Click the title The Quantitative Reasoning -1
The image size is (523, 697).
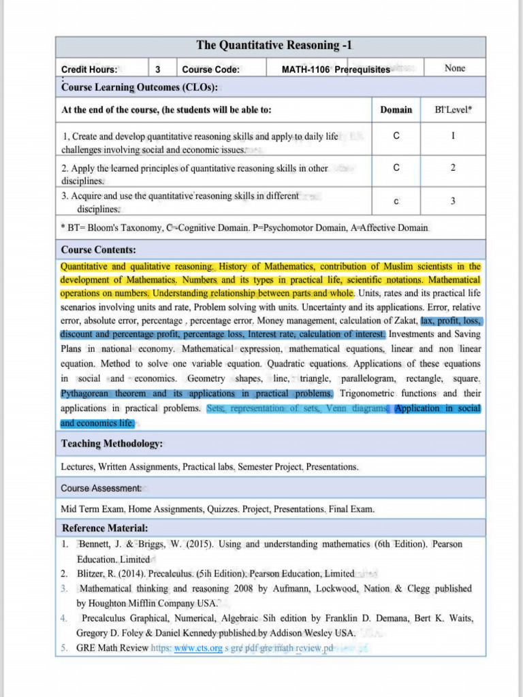[274, 46]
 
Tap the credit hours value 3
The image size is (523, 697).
[158, 69]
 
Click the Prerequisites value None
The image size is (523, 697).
[454, 69]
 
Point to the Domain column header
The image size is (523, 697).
[396, 110]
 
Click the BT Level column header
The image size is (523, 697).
[454, 110]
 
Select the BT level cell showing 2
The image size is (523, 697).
[453, 167]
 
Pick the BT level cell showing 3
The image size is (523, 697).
[453, 201]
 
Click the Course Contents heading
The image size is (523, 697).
[98, 250]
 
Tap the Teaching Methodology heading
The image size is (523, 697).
[112, 444]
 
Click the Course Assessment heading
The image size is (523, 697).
[101, 488]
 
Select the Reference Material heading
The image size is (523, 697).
[105, 528]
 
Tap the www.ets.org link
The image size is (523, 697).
[197, 648]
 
